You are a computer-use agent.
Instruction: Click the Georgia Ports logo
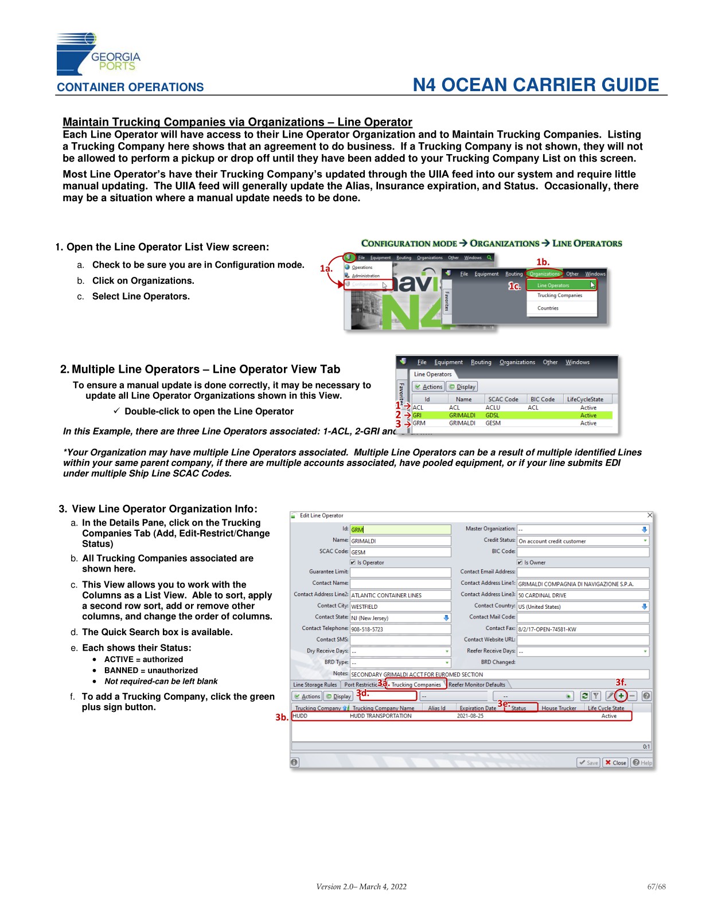[x=97, y=54]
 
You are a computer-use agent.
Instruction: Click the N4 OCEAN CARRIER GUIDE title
[x=536, y=85]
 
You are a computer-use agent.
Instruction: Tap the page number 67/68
[x=656, y=886]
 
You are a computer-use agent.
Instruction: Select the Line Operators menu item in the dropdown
[x=553, y=285]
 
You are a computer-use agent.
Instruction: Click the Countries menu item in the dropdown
[x=548, y=308]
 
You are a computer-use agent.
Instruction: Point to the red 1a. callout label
[x=326, y=268]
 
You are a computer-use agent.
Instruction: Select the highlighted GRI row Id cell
[x=418, y=415]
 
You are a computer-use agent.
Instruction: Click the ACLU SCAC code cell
[x=493, y=408]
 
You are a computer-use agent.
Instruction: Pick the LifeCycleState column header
[x=584, y=399]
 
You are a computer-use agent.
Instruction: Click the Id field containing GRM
[x=400, y=530]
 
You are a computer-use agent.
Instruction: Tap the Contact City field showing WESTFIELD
[x=400, y=606]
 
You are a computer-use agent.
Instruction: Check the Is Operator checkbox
[x=353, y=562]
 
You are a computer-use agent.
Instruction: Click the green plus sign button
[x=621, y=696]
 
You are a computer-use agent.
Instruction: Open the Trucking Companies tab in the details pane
[x=416, y=684]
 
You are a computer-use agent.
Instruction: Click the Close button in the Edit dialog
[x=615, y=762]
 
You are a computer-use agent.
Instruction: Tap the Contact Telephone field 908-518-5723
[x=400, y=629]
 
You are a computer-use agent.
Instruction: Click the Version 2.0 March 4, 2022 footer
[x=361, y=886]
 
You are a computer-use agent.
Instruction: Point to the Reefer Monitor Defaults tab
[x=477, y=684]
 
